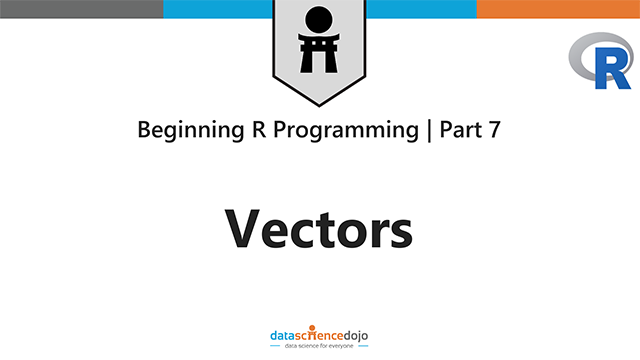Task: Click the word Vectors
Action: tap(319, 229)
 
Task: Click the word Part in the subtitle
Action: tap(455, 130)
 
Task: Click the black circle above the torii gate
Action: tap(319, 19)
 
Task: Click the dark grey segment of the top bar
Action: tap(80, 9)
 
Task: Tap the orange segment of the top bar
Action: tap(558, 9)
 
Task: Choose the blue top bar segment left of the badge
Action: tap(217, 9)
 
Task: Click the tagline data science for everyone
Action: tap(320, 344)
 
